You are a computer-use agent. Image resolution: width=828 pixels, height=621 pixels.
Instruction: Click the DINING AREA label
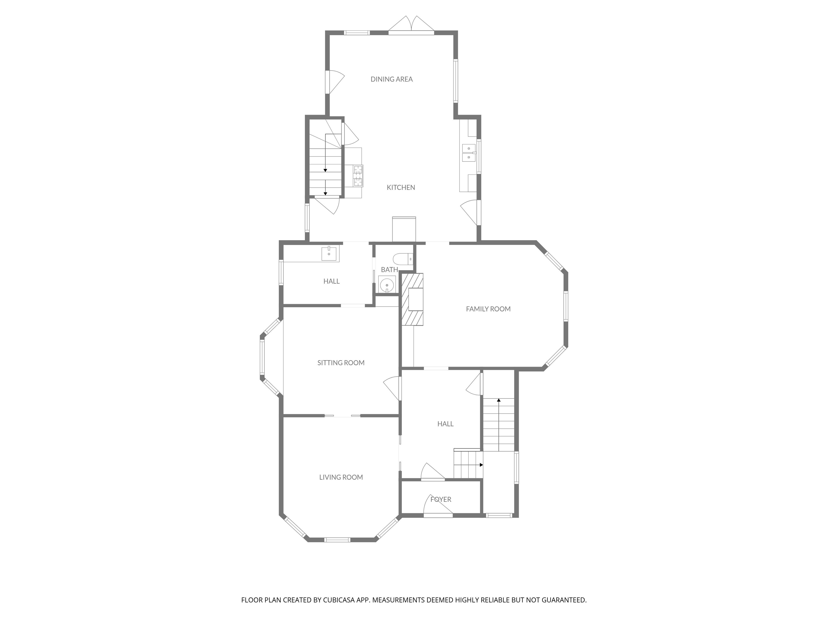click(x=392, y=79)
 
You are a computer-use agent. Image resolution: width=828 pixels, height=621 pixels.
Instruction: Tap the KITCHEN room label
click(x=401, y=187)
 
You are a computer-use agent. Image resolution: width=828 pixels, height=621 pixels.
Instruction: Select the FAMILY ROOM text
click(x=488, y=309)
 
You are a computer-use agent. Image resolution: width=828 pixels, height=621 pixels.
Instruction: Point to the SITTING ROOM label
click(x=341, y=362)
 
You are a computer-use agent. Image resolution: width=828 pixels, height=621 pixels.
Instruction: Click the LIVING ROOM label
click(x=341, y=477)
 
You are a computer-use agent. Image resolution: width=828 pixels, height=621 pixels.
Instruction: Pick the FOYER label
click(x=441, y=499)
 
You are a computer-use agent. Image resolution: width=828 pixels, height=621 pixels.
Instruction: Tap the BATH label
click(x=389, y=270)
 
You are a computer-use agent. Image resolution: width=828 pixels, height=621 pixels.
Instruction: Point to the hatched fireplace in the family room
click(x=412, y=299)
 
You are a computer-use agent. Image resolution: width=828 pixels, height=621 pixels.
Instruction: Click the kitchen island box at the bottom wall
click(x=404, y=229)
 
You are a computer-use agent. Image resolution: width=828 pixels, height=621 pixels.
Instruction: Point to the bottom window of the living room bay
click(x=337, y=539)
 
